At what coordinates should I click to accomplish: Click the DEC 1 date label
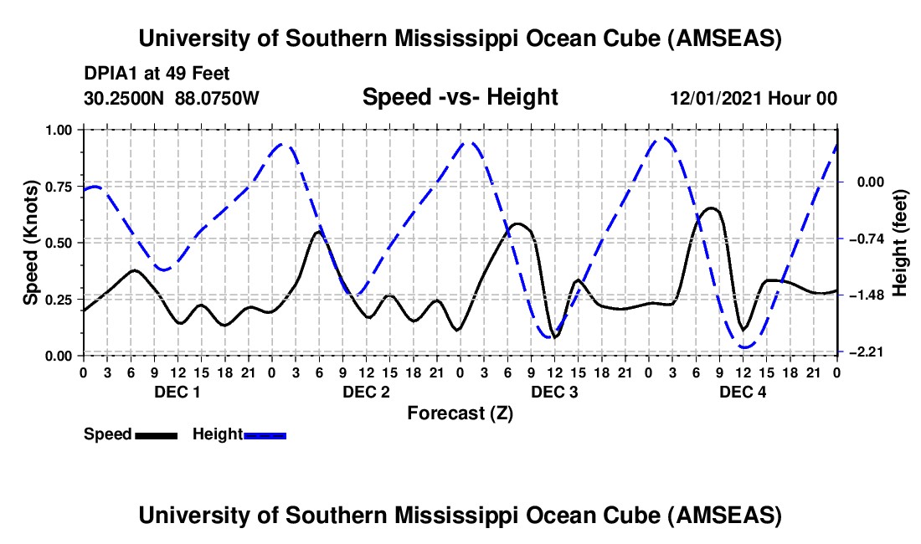177,392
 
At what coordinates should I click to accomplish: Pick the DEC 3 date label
554,392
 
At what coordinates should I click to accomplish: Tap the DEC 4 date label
743,392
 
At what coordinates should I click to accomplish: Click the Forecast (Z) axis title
460,413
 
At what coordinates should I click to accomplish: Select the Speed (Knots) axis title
30,243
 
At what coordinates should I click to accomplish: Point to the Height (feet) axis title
900,243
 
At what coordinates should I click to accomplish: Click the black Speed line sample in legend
156,434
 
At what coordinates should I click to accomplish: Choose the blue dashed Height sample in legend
265,434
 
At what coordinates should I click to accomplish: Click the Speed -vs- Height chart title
460,97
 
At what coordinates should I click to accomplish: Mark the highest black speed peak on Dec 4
711,208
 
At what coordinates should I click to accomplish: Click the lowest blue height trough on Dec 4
745,346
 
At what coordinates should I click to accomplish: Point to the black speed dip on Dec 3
553,336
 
